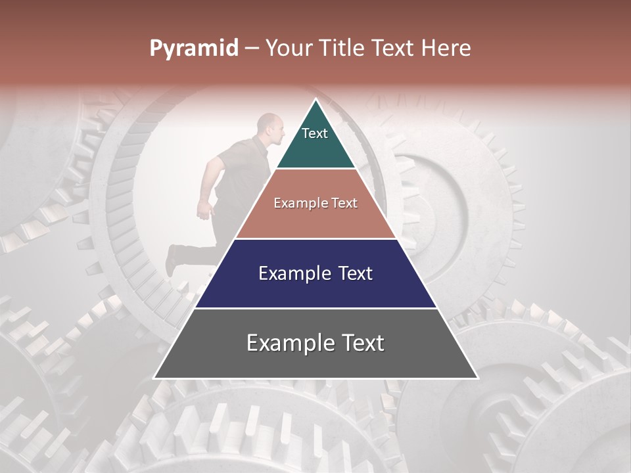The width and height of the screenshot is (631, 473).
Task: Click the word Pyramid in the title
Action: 194,49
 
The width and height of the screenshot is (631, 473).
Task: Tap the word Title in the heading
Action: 343,48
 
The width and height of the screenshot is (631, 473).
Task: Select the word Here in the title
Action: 446,48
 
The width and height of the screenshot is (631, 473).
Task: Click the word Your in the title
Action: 289,48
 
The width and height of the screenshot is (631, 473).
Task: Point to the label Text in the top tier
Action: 315,133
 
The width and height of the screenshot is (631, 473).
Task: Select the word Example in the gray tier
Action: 287,343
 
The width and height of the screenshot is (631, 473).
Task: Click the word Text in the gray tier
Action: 362,343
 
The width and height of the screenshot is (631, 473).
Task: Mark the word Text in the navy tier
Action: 356,273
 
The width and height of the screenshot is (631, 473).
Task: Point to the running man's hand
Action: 204,211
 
